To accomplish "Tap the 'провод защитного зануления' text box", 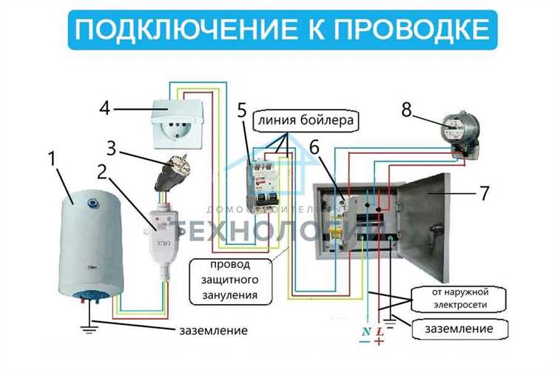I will (x=228, y=279).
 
